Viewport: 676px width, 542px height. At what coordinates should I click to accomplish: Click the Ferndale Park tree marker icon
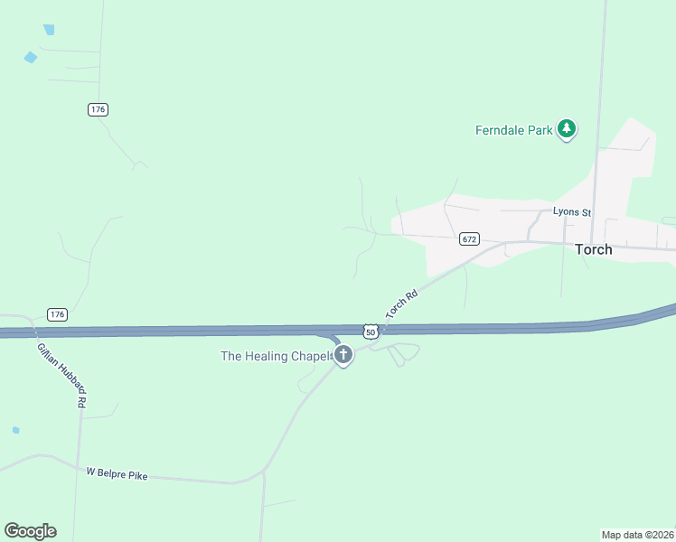(x=567, y=129)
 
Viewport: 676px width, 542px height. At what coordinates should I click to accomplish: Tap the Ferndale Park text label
(x=514, y=130)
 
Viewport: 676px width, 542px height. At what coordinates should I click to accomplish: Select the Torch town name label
(x=594, y=249)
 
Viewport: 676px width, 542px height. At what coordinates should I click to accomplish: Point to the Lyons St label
(x=572, y=212)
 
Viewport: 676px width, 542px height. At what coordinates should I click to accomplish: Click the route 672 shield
(x=468, y=239)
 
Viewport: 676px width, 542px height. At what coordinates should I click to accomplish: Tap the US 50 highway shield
(x=371, y=332)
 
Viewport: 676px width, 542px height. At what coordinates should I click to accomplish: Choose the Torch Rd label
(x=402, y=304)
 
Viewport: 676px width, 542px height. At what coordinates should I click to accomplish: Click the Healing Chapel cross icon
(x=343, y=355)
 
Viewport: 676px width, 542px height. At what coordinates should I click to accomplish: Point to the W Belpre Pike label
(x=117, y=473)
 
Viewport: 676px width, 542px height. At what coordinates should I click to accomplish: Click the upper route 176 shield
(x=99, y=109)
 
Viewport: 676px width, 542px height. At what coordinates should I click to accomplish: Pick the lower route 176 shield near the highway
(x=58, y=314)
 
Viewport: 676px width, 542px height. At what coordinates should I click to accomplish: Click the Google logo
(x=30, y=531)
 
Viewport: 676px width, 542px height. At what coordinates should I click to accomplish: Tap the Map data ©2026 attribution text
(x=637, y=534)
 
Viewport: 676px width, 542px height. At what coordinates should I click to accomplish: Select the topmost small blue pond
(x=49, y=30)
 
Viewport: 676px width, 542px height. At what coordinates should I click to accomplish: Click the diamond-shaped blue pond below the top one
(x=31, y=58)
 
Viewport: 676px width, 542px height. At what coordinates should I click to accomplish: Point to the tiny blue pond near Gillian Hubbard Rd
(x=15, y=430)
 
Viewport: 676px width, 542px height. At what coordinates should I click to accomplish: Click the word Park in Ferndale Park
(x=540, y=130)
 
